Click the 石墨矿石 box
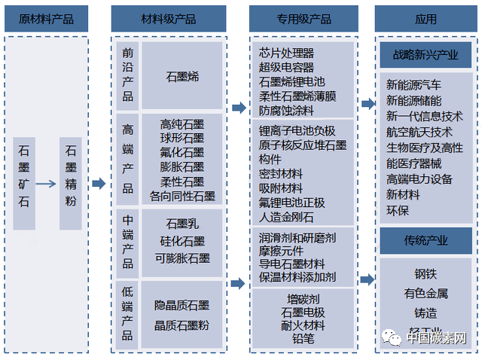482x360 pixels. tap(25, 184)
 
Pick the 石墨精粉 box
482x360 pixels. tap(71, 184)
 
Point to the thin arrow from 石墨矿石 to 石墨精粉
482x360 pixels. tap(47, 184)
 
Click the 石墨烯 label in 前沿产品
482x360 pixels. tap(182, 76)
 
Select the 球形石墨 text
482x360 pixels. tap(182, 138)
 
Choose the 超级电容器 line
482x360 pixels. tap(286, 68)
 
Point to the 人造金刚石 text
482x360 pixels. tap(286, 217)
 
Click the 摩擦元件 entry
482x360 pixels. tap(281, 249)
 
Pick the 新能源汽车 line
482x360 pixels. tap(413, 84)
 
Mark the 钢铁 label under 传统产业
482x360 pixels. tap(425, 274)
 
